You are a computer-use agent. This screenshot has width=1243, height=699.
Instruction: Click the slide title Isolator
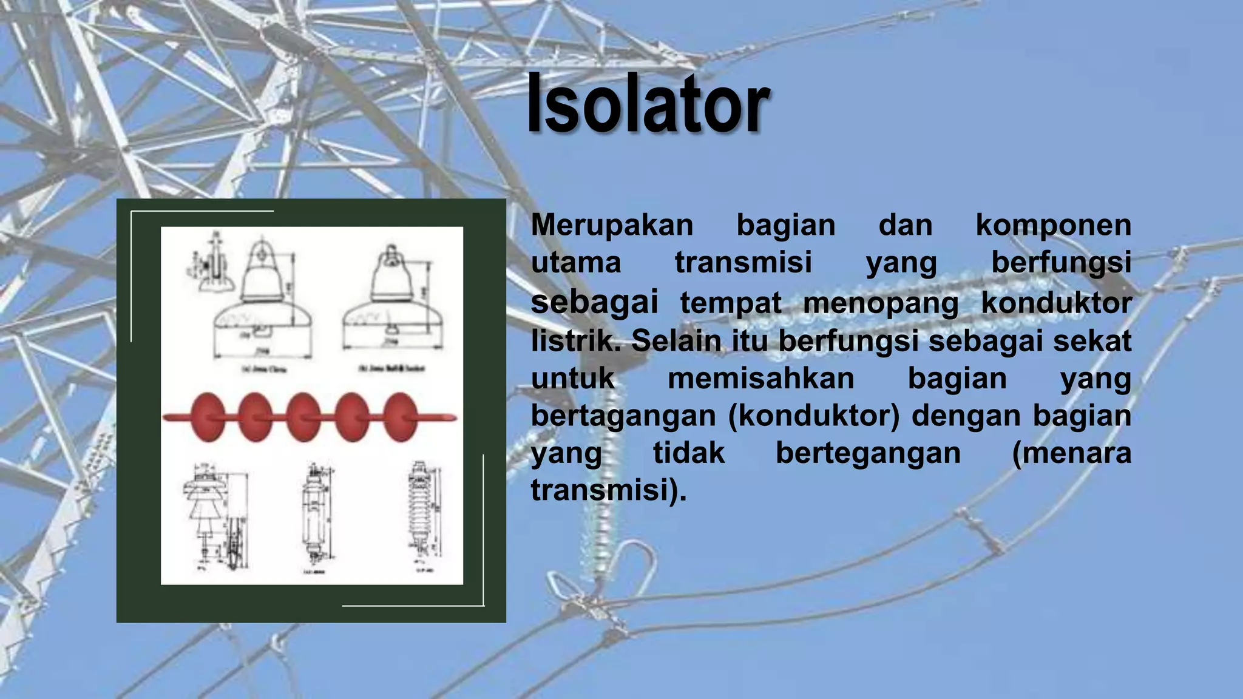pyautogui.click(x=648, y=103)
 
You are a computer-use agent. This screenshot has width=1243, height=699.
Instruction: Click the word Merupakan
pyautogui.click(x=612, y=225)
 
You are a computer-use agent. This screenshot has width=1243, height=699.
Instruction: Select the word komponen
pyautogui.click(x=1053, y=225)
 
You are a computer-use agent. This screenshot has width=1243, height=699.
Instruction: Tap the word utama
pyautogui.click(x=576, y=263)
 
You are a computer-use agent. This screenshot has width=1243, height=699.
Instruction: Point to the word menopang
pyautogui.click(x=881, y=303)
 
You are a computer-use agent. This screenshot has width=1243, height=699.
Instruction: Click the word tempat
pyautogui.click(x=730, y=303)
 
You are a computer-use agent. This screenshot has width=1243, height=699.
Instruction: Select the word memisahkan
pyautogui.click(x=761, y=379)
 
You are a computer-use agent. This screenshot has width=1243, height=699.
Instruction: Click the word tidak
pyautogui.click(x=689, y=453)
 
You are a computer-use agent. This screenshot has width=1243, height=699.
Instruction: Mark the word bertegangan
pyautogui.click(x=869, y=453)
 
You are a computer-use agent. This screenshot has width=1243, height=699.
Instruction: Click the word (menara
pyautogui.click(x=1072, y=453)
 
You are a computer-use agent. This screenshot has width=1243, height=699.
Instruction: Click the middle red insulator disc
pyautogui.click(x=303, y=417)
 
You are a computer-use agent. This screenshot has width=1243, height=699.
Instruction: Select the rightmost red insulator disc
pyautogui.click(x=401, y=417)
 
